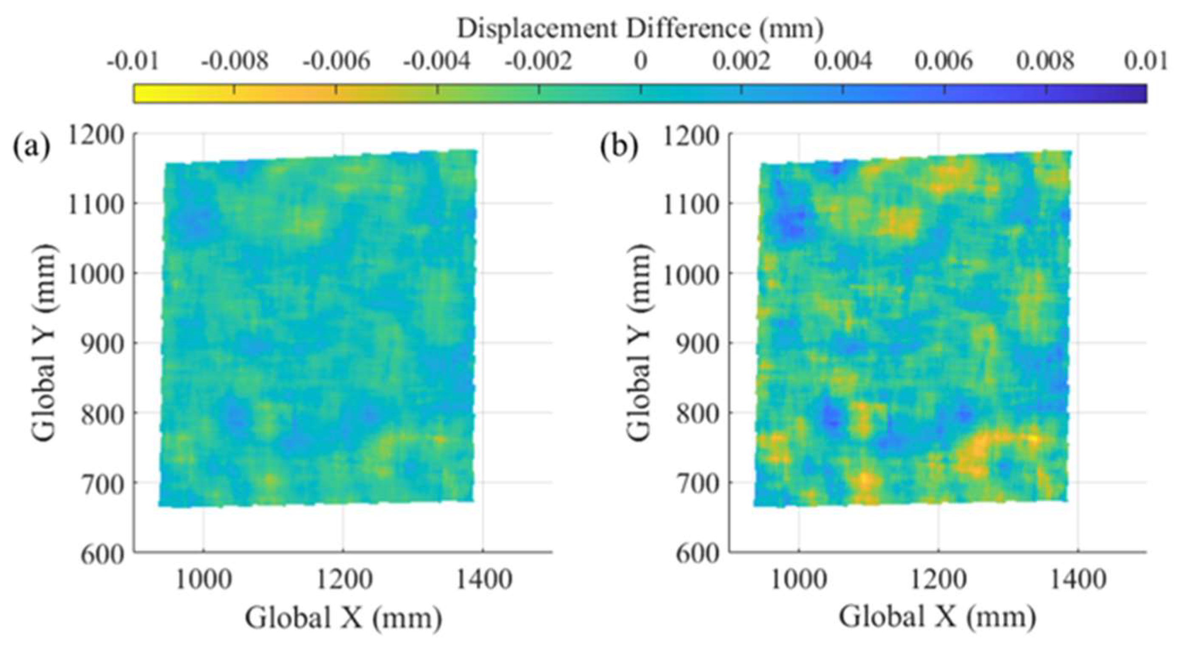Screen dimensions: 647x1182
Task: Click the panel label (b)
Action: (619, 148)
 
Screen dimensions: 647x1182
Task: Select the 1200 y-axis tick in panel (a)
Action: (96, 135)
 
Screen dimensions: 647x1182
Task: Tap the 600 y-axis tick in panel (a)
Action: (103, 554)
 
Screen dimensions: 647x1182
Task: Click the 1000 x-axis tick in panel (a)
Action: (203, 579)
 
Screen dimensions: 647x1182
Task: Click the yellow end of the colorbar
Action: (142, 94)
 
